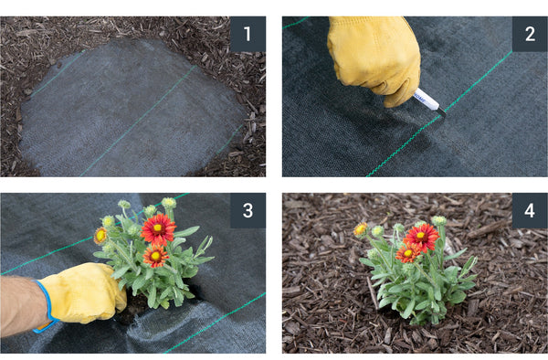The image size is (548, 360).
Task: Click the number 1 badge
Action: tap(248, 34)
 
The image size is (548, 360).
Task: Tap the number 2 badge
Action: tap(530, 34)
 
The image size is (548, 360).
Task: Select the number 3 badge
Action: tap(248, 210)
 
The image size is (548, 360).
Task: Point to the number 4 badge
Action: tap(530, 210)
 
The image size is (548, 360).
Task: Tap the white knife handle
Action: tap(426, 99)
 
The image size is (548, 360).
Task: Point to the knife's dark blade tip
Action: tap(442, 112)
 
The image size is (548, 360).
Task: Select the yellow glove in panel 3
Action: tap(82, 292)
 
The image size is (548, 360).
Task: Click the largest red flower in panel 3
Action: tap(158, 229)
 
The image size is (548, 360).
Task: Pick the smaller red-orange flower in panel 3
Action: tap(155, 256)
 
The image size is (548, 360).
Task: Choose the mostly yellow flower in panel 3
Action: tap(100, 236)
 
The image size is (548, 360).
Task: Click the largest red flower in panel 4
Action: tap(421, 237)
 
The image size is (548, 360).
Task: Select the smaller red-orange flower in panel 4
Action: tap(407, 253)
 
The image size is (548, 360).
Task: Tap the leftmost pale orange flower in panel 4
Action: tap(361, 229)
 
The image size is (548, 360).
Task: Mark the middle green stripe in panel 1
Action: tap(137, 121)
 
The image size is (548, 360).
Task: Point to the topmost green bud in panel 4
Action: tap(439, 221)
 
